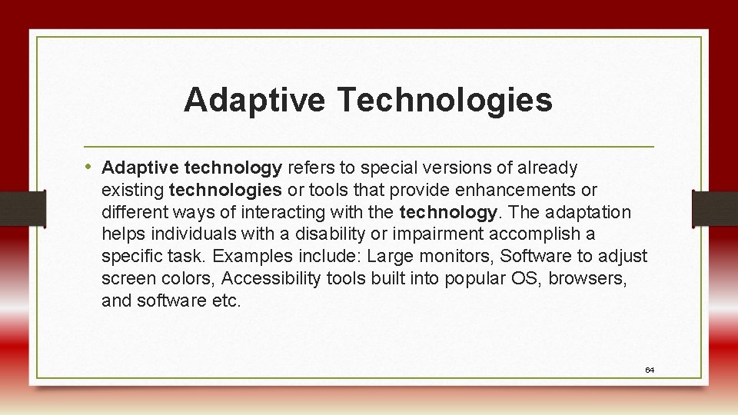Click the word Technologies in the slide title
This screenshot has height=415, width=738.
[x=444, y=100]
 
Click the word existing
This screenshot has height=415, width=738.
[x=133, y=190]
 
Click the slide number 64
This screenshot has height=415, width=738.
[x=650, y=370]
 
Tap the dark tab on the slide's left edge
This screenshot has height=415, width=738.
[x=22, y=208]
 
